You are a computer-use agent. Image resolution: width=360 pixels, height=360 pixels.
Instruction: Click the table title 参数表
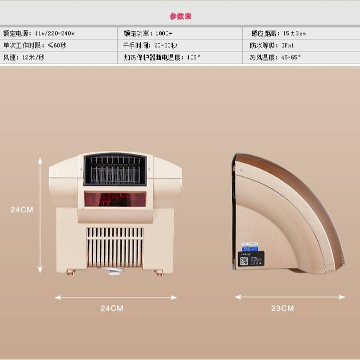pyautogui.click(x=180, y=16)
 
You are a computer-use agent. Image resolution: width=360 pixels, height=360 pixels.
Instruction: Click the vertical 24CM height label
pyautogui.click(x=22, y=210)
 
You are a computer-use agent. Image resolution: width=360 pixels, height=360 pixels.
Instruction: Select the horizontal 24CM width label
pyautogui.click(x=112, y=308)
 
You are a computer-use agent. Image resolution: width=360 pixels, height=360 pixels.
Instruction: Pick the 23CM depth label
pyautogui.click(x=282, y=308)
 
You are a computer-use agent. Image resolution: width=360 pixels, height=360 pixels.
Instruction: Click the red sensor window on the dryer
pyautogui.click(x=115, y=200)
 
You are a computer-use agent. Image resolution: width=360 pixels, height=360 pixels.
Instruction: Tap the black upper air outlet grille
pyautogui.click(x=115, y=170)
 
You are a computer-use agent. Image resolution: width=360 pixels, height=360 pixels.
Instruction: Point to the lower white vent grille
pyautogui.click(x=115, y=247)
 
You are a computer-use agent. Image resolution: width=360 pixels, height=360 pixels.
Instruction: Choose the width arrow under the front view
pyautogui.click(x=116, y=297)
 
